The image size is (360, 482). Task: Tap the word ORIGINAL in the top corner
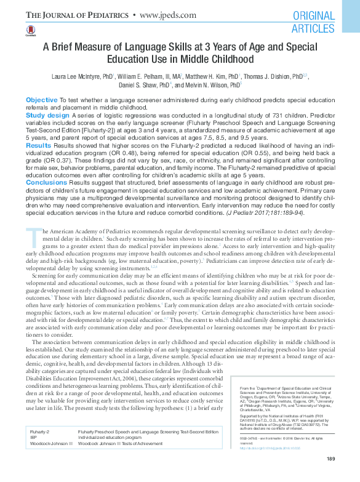314,16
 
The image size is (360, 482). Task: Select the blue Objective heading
42,100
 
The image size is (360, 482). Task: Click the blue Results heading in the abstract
39,145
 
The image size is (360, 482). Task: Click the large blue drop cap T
31,236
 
